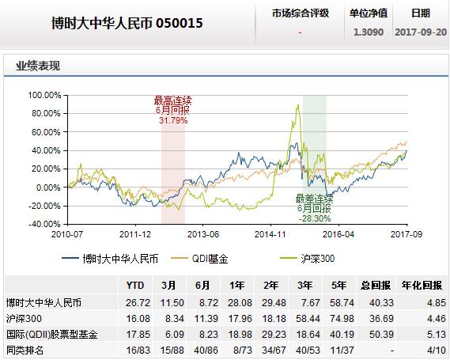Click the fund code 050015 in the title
pyautogui.click(x=179, y=23)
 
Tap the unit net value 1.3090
pyautogui.click(x=369, y=32)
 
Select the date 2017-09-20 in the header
pyautogui.click(x=421, y=32)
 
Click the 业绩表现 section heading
pyautogui.click(x=38, y=66)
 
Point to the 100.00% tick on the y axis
pyautogui.click(x=44, y=95)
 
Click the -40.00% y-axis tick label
pyautogui.click(x=44, y=224)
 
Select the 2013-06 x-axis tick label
pyautogui.click(x=203, y=234)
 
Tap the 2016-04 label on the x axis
pyautogui.click(x=338, y=234)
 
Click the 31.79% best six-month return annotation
pyautogui.click(x=173, y=120)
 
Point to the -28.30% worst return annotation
pyautogui.click(x=315, y=218)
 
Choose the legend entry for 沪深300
pyautogui.click(x=308, y=259)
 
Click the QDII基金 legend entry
pyautogui.click(x=199, y=259)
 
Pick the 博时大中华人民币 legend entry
pyautogui.click(x=110, y=259)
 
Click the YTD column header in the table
pyautogui.click(x=135, y=286)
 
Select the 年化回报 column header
pyautogui.click(x=422, y=286)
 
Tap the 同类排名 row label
pyautogui.click(x=25, y=351)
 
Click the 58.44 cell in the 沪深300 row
pyautogui.click(x=308, y=318)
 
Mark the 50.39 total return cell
pyautogui.click(x=381, y=335)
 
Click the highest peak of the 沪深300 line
pyautogui.click(x=298, y=104)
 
